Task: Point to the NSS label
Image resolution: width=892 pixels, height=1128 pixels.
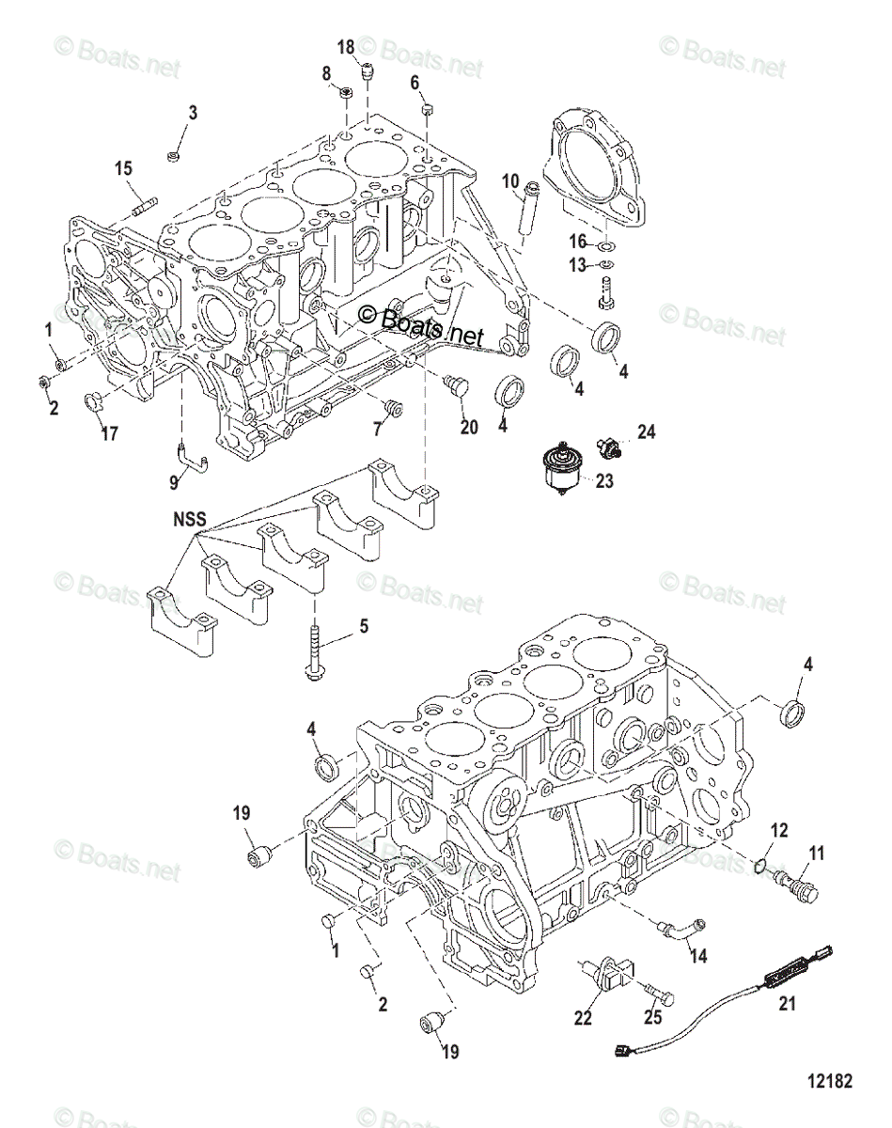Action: [x=188, y=518]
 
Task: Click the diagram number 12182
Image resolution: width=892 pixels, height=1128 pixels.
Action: [x=829, y=1081]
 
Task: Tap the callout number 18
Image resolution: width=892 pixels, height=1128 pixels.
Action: [x=346, y=47]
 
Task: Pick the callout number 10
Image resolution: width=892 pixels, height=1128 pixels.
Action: [x=509, y=180]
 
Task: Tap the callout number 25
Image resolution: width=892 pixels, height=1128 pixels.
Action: [x=652, y=1016]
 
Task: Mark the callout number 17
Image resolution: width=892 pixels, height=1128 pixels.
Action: [x=110, y=434]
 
